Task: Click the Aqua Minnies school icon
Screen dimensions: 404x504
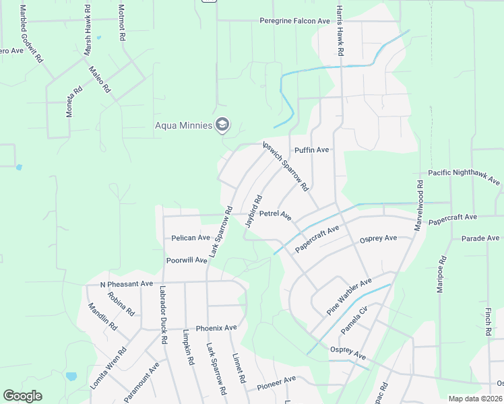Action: pyautogui.click(x=222, y=125)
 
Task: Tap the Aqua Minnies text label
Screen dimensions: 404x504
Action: pyautogui.click(x=183, y=125)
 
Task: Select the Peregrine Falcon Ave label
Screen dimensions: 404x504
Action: pyautogui.click(x=295, y=21)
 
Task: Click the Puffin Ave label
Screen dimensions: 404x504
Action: pyautogui.click(x=311, y=149)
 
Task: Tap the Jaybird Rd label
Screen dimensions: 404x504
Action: pyautogui.click(x=253, y=211)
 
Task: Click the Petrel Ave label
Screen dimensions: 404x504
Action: pyautogui.click(x=275, y=215)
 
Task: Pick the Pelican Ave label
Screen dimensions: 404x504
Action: pyautogui.click(x=191, y=238)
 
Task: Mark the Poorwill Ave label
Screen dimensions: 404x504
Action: pyautogui.click(x=187, y=260)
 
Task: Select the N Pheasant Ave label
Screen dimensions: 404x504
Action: pyautogui.click(x=127, y=284)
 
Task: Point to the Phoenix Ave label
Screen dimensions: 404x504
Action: pyautogui.click(x=216, y=328)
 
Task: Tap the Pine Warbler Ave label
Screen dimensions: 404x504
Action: pyautogui.click(x=349, y=296)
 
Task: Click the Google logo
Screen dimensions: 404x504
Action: pyautogui.click(x=22, y=396)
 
